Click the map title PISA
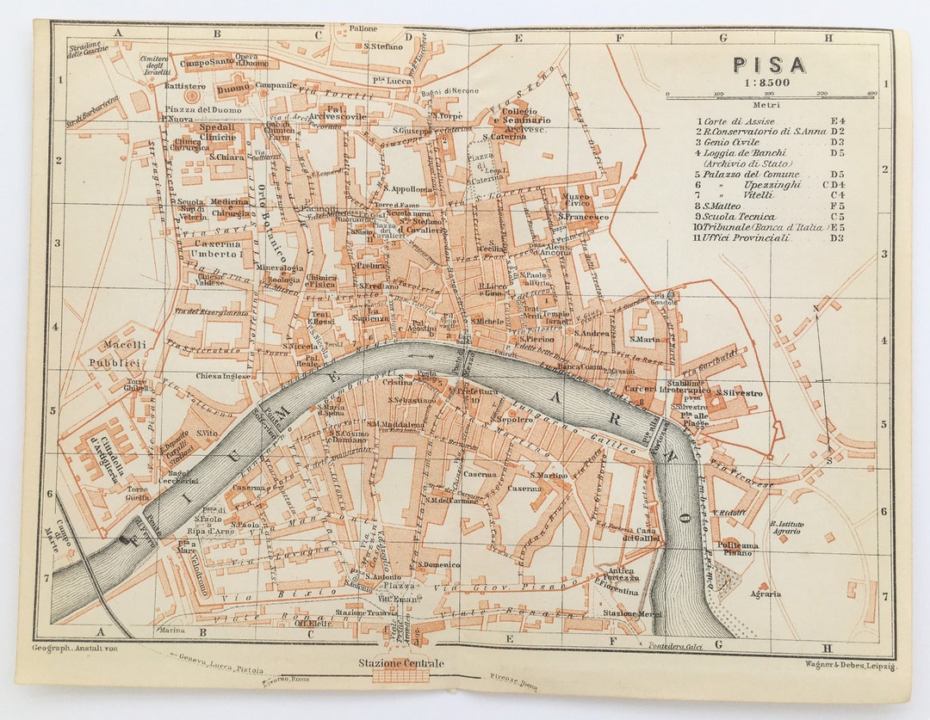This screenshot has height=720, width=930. pyautogui.click(x=769, y=65)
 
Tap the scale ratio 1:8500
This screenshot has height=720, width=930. pyautogui.click(x=769, y=82)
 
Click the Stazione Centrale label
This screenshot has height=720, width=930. pyautogui.click(x=401, y=663)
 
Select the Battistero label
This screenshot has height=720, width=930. pyautogui.click(x=184, y=87)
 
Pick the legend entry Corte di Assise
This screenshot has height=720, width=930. pyautogui.click(x=739, y=121)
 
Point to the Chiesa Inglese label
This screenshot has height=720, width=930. pyautogui.click(x=223, y=376)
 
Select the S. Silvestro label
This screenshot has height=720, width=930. pyautogui.click(x=739, y=393)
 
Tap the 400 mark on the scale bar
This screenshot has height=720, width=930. pyautogui.click(x=872, y=93)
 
